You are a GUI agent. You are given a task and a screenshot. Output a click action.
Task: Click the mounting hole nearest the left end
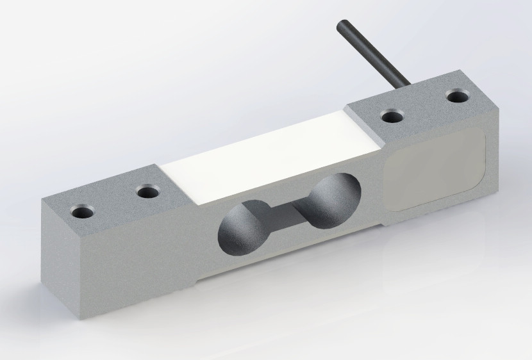81,211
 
